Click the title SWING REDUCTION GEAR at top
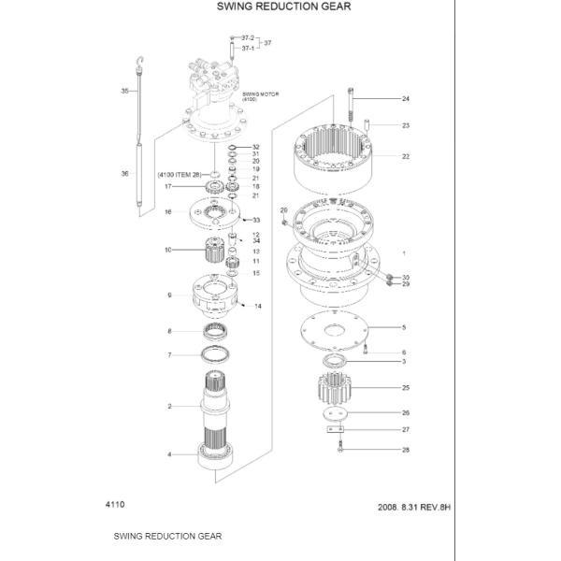270,7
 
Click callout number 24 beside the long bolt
406,99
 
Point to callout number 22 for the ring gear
406,156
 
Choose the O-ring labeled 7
220,353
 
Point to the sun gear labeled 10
218,250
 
